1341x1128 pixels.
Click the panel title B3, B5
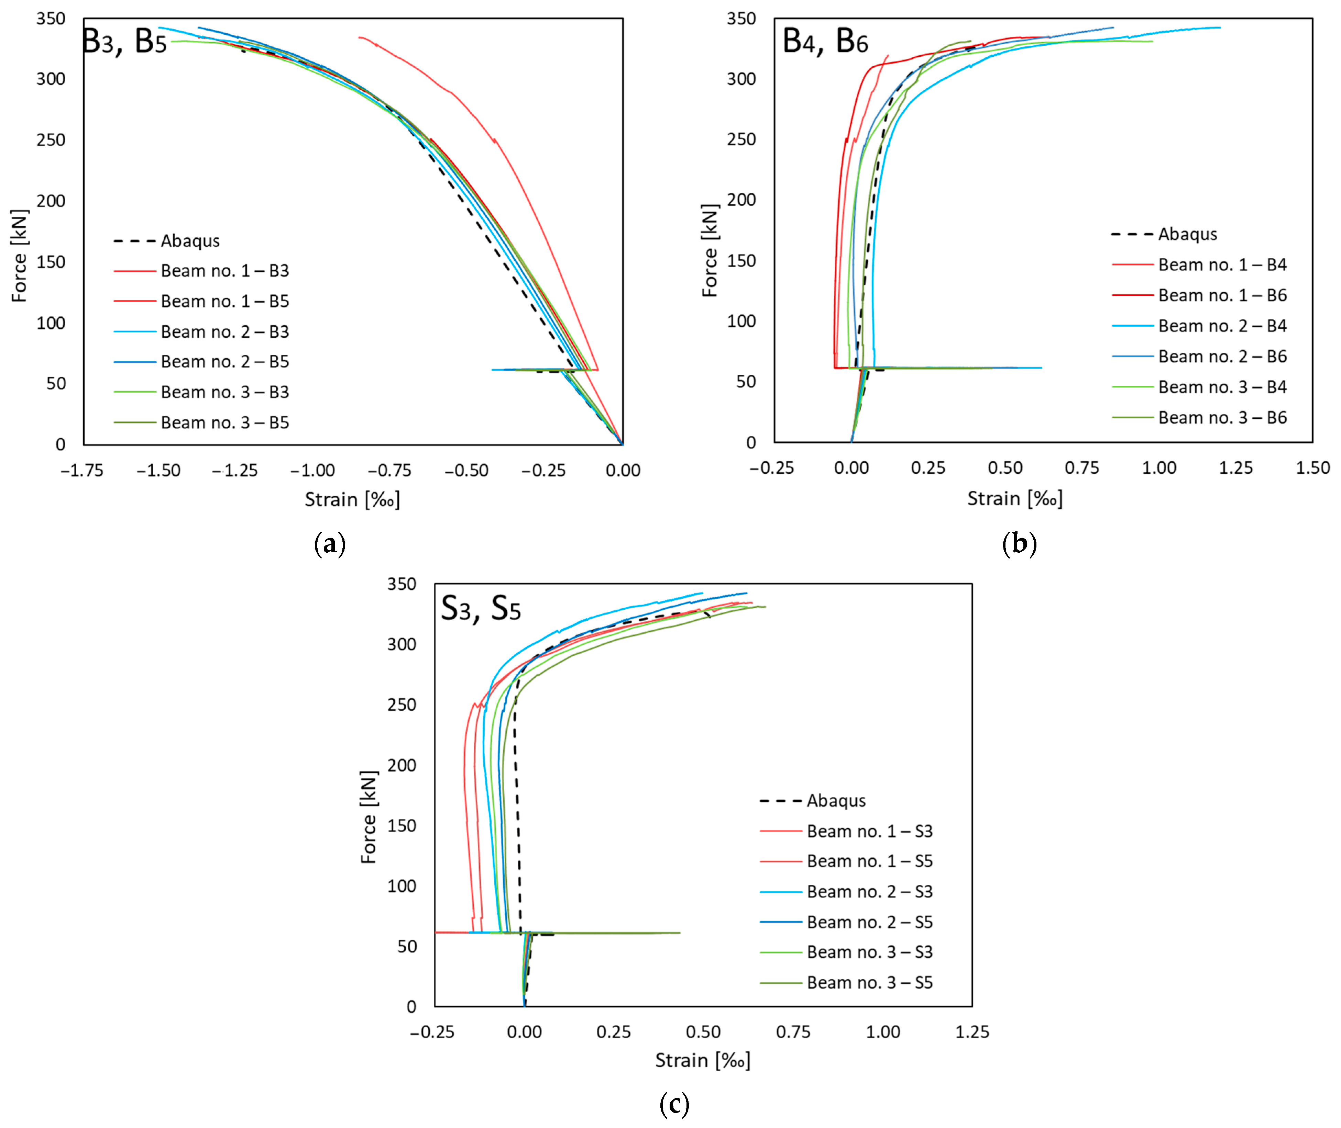[125, 42]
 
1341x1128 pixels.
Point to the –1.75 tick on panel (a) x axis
[82, 471]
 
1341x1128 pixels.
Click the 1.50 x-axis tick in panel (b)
[1312, 468]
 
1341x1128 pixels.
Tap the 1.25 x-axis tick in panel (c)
[972, 1032]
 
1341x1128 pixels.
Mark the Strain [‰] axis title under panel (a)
[352, 499]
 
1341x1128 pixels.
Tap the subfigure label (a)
[330, 544]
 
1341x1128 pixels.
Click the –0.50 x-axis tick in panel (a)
[466, 471]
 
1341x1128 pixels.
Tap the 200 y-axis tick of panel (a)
[51, 201]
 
